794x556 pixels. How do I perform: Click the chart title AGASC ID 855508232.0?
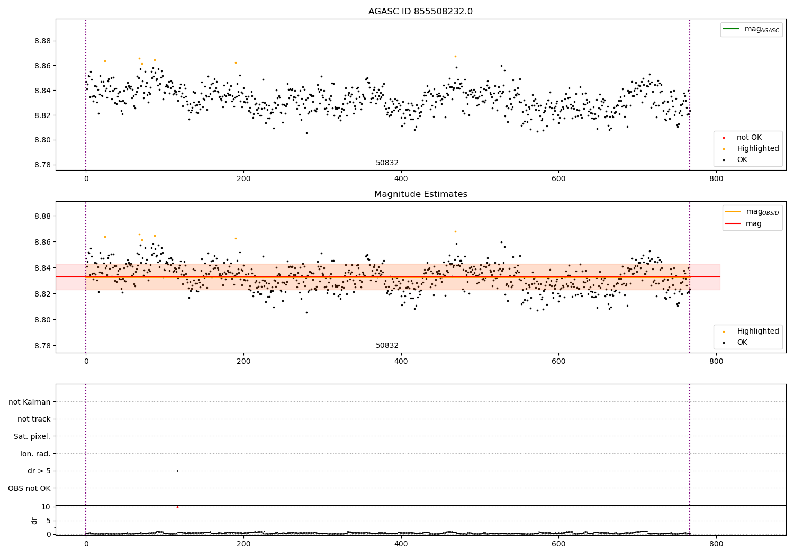click(420, 11)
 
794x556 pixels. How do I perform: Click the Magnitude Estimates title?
click(421, 194)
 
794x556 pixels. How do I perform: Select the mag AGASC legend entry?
click(751, 29)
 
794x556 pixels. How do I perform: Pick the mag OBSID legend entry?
click(752, 212)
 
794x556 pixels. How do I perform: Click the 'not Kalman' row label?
click(30, 402)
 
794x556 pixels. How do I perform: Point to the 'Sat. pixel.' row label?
click(32, 436)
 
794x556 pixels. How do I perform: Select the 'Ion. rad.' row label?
click(35, 454)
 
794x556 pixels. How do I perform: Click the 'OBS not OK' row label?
click(29, 488)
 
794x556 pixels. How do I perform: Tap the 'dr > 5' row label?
click(39, 471)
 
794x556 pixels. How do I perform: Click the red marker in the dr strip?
click(177, 507)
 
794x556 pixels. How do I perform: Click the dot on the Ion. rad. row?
click(177, 453)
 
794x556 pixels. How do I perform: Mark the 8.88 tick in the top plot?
click(42, 41)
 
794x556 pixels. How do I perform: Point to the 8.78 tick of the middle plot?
click(42, 346)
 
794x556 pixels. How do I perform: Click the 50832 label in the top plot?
click(387, 163)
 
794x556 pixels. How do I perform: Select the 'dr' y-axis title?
click(34, 521)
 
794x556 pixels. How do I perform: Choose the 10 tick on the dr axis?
click(46, 507)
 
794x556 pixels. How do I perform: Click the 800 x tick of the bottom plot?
click(716, 544)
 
